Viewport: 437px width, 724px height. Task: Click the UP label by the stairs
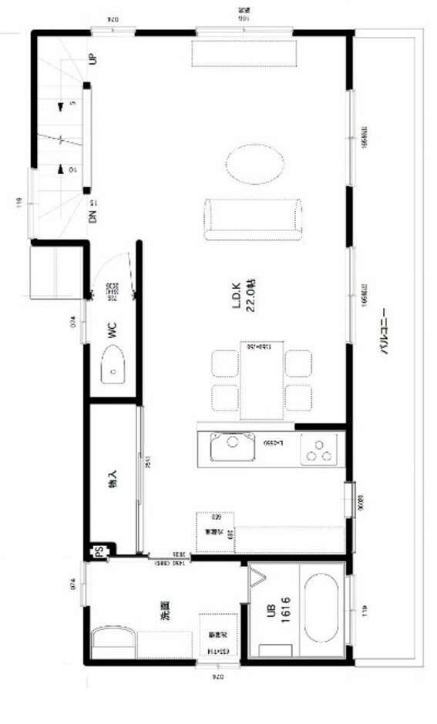tap(92, 59)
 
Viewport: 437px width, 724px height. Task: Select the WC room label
tap(111, 331)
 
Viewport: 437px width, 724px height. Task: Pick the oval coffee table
tap(254, 164)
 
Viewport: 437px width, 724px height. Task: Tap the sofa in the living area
tap(253, 219)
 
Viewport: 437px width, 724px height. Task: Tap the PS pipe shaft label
tap(99, 551)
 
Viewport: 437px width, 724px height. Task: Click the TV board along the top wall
tap(244, 53)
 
